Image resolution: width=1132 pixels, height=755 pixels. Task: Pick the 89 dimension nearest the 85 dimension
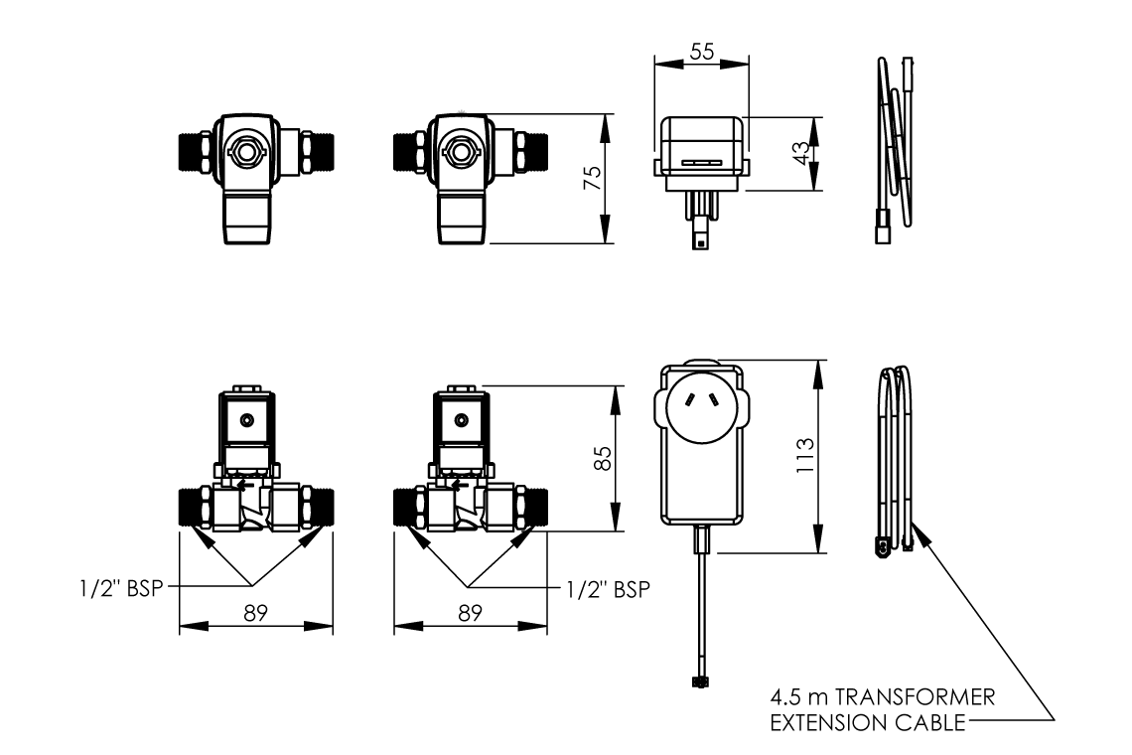470,613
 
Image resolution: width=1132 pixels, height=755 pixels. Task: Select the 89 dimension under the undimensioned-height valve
255,613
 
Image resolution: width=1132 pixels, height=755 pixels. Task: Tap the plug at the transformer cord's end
699,681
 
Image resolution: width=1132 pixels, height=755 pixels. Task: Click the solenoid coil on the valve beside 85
459,419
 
